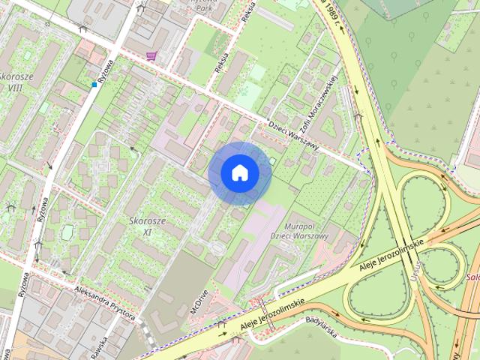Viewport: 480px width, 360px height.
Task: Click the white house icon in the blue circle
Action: [x=240, y=172]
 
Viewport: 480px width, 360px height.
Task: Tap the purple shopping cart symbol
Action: [x=151, y=55]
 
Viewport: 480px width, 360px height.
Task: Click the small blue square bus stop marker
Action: [x=94, y=85]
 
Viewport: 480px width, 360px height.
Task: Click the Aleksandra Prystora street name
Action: [x=104, y=299]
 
